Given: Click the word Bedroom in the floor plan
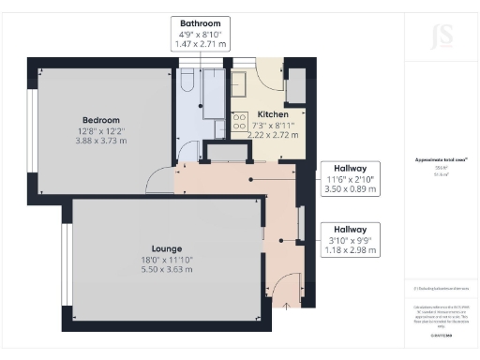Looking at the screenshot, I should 100,120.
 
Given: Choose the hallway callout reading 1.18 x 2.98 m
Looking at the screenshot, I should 350,250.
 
